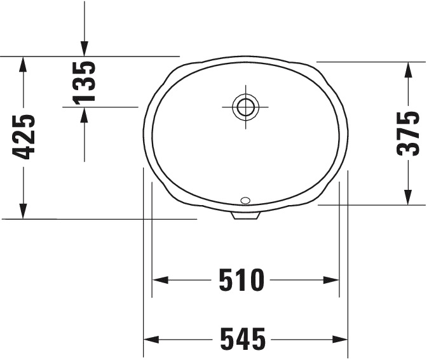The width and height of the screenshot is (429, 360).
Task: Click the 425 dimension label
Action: tap(24, 137)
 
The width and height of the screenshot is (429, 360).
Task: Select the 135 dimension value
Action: tap(84, 82)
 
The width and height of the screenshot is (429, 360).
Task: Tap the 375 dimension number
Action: tap(407, 133)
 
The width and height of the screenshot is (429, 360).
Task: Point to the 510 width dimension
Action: tap(241, 280)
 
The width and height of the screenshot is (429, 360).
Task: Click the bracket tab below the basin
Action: tap(245, 216)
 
